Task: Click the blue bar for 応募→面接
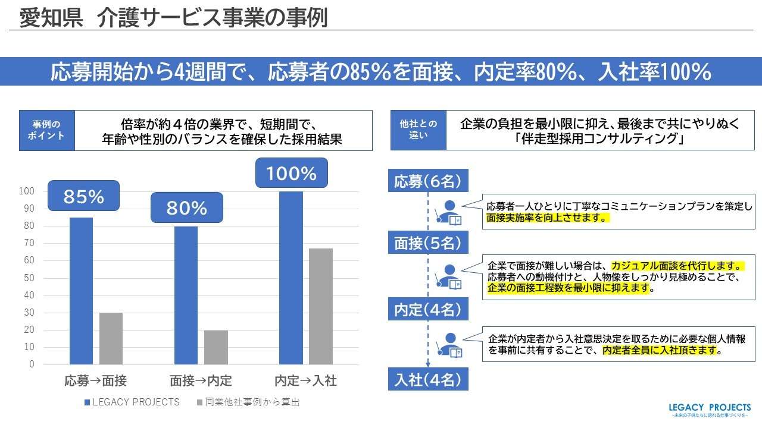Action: click(81, 291)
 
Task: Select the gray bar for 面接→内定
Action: click(216, 347)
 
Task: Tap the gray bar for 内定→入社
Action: click(320, 306)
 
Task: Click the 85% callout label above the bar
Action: click(83, 197)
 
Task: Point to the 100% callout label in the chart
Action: click(291, 174)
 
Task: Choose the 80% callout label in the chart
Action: click(186, 208)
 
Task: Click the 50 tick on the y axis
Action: click(29, 278)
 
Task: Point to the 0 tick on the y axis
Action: click(32, 364)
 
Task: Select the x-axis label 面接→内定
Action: click(201, 381)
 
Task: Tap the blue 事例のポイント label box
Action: click(47, 130)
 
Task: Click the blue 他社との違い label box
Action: click(418, 130)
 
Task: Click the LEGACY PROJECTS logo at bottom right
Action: click(710, 410)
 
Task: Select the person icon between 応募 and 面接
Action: click(449, 212)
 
